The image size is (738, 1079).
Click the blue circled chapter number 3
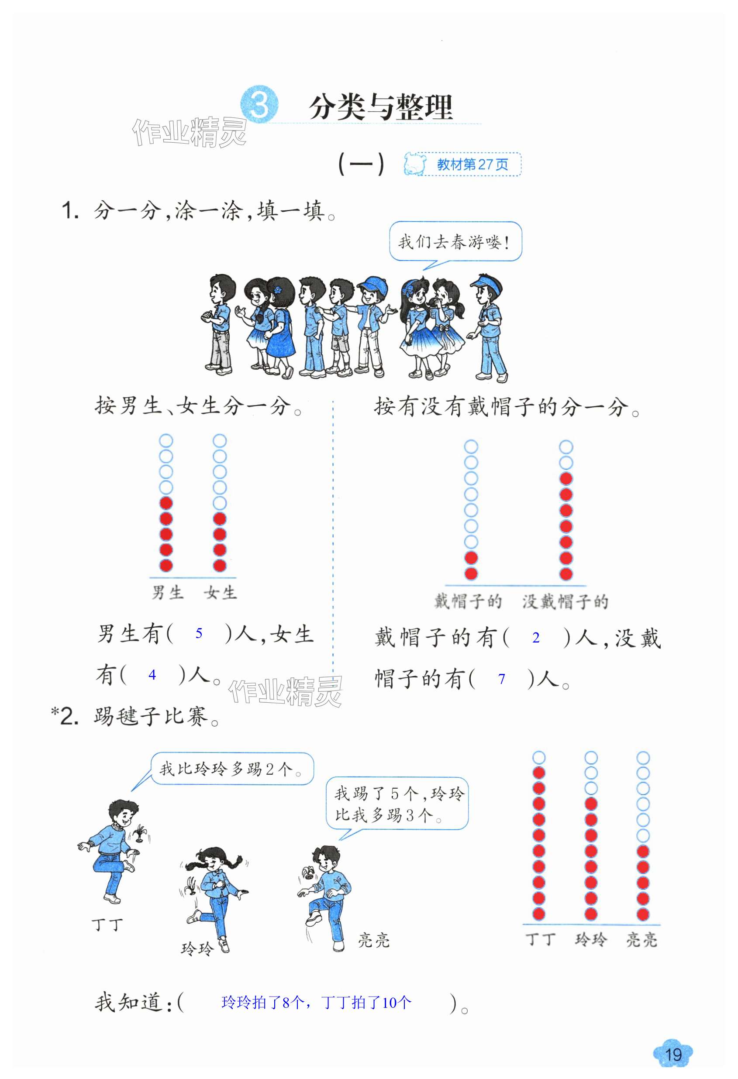pos(259,105)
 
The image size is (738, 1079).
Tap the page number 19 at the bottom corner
pos(672,1054)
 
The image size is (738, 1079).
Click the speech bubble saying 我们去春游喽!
pos(455,242)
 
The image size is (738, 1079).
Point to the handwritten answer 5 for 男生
pos(199,633)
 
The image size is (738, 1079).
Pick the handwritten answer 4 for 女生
pos(152,675)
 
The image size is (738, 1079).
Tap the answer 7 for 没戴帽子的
pos(501,679)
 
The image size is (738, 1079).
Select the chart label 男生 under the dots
pos(168,592)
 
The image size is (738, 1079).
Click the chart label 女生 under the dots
pos(221,592)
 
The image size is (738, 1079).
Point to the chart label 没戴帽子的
pos(565,602)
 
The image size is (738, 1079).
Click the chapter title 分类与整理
pos(380,108)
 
